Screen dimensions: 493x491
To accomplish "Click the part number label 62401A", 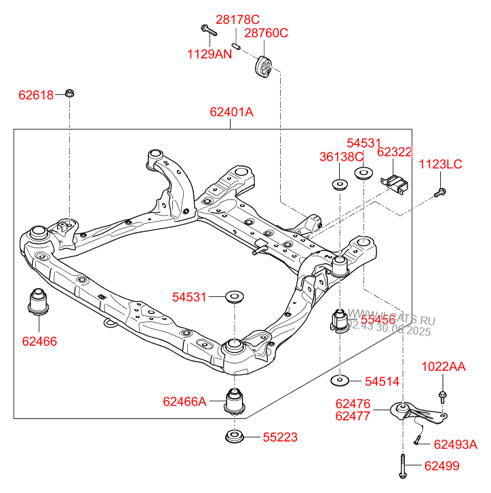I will click(231, 112).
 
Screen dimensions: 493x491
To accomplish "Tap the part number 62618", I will click(36, 96).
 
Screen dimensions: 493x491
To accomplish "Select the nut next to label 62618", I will click(70, 93).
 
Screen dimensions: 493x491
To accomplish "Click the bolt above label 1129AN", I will click(207, 29).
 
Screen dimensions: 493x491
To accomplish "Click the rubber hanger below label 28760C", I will click(262, 67).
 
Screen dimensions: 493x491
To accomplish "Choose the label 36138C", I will click(342, 157).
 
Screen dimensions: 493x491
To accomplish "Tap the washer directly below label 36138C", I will click(339, 183).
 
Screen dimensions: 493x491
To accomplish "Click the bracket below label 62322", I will click(393, 183).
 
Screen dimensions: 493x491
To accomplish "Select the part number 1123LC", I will click(440, 164).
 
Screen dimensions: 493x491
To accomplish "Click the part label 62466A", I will click(184, 401).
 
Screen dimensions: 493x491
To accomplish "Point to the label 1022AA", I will click(444, 367).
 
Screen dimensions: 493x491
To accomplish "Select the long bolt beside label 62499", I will click(403, 466).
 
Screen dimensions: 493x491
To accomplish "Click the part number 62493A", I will click(455, 444).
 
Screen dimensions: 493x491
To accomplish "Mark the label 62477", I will click(353, 416).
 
